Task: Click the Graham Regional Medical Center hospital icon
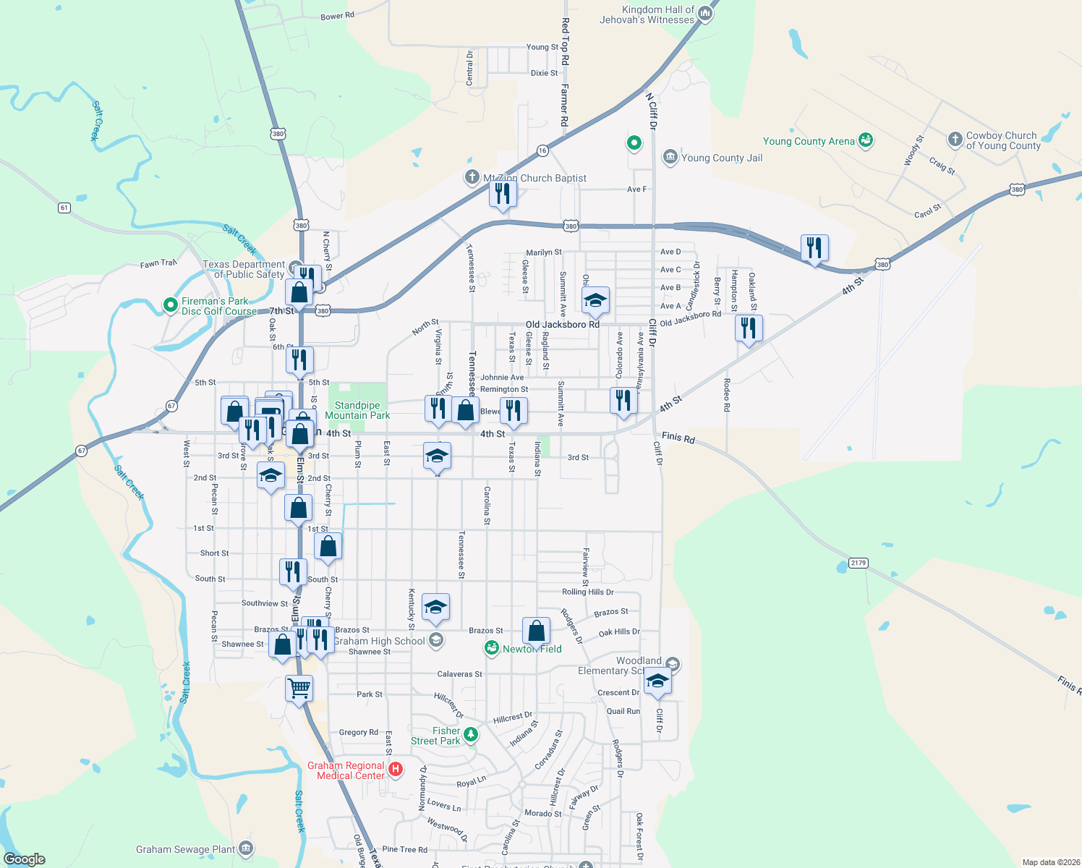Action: (x=396, y=769)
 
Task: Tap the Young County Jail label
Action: (x=721, y=158)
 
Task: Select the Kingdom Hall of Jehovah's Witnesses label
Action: (x=647, y=14)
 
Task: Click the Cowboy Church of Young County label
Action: (x=1002, y=140)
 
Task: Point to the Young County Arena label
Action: (x=809, y=141)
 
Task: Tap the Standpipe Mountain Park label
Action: (x=357, y=411)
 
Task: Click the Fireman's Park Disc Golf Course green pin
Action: (x=171, y=305)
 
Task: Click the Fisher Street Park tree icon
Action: (x=471, y=735)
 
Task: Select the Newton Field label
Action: (x=532, y=649)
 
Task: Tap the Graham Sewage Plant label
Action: (x=185, y=849)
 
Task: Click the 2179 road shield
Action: (x=858, y=563)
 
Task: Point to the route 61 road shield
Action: (x=64, y=208)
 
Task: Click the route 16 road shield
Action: (x=542, y=150)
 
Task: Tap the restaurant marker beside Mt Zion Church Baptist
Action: (x=503, y=194)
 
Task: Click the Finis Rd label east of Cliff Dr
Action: (x=678, y=438)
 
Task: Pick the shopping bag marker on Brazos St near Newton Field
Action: (x=536, y=631)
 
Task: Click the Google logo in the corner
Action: (x=25, y=859)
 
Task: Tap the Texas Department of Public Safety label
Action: (x=244, y=269)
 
